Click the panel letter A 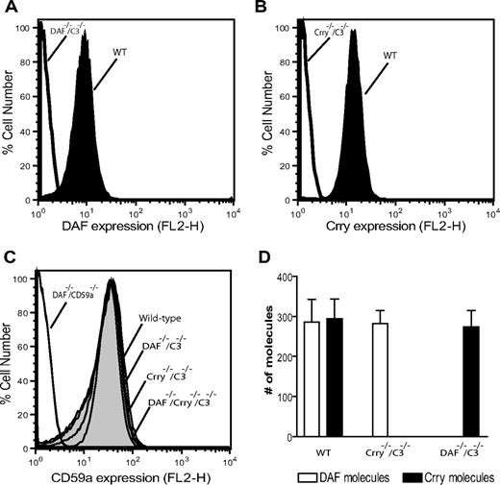tap(8, 9)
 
